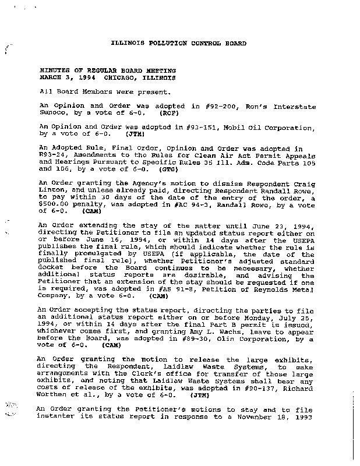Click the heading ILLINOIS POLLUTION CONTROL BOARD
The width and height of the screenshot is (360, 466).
[x=178, y=44]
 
